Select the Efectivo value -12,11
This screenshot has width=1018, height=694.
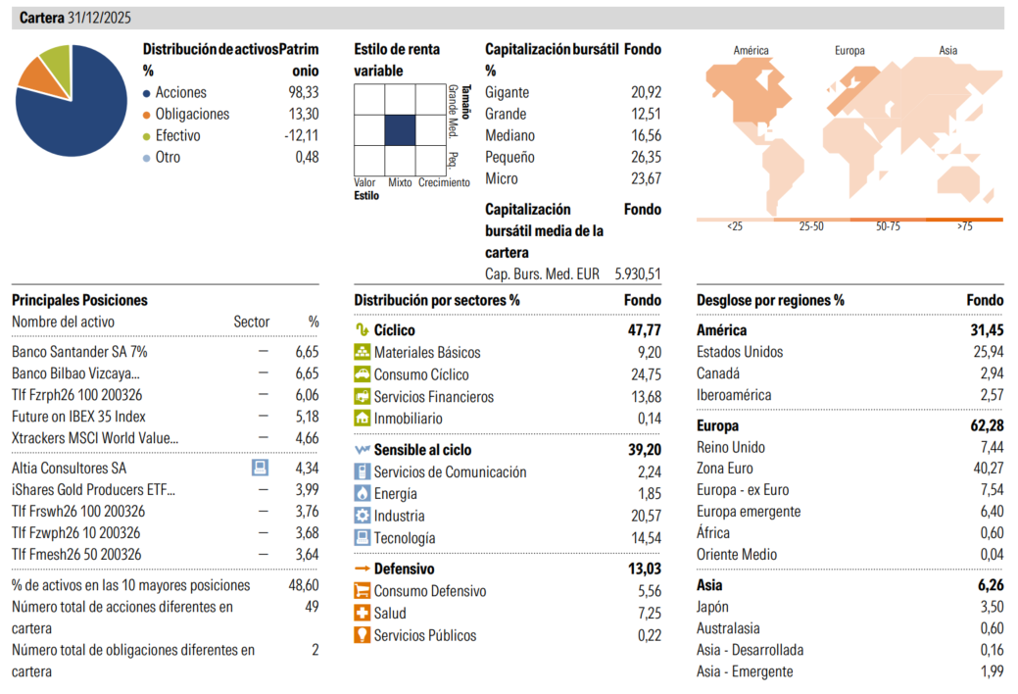coord(301,135)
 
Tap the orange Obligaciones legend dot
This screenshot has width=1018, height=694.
coord(147,115)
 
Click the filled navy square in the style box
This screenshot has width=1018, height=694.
coord(400,129)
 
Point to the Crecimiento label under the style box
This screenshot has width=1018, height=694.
coord(444,182)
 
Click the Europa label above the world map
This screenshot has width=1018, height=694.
coord(850,51)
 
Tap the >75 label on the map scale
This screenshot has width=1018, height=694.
coord(964,226)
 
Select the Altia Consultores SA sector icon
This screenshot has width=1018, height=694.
coord(261,468)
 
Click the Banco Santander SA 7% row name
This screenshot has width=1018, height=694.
coord(79,351)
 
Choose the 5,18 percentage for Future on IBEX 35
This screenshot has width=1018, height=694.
coord(307,417)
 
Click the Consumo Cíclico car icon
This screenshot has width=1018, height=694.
coord(362,374)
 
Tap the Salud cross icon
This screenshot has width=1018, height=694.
coord(362,613)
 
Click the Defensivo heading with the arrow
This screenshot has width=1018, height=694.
coord(403,569)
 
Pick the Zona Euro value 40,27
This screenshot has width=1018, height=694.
coord(988,469)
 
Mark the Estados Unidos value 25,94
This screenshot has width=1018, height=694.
coord(988,352)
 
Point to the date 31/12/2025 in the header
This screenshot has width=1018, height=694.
coord(101,19)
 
